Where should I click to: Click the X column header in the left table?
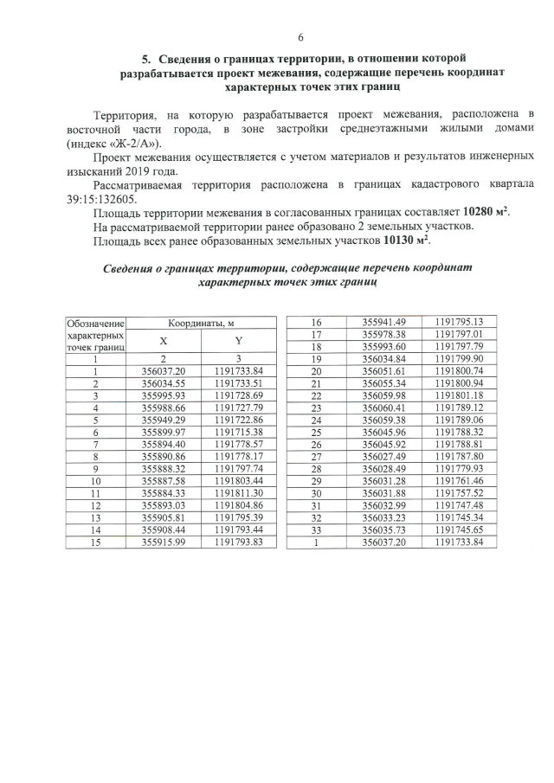click(164, 341)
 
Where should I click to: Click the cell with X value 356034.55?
click(164, 383)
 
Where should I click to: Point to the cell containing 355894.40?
click(164, 444)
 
